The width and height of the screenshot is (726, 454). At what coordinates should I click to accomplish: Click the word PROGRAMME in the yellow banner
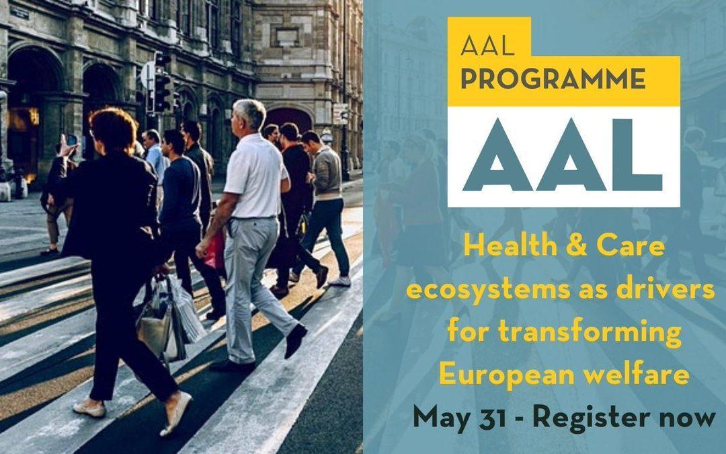tap(553, 79)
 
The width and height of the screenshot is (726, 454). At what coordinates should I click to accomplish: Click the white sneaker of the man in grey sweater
tap(341, 281)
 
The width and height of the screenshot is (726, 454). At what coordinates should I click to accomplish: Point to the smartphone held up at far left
tap(71, 140)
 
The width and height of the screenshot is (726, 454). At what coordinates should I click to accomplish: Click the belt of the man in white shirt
tap(254, 217)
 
